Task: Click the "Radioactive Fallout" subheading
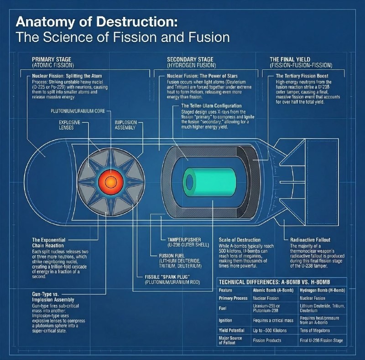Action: (x=310, y=240)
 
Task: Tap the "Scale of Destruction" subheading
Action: (x=240, y=240)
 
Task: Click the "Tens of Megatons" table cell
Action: (x=315, y=330)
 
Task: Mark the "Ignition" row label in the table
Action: (x=225, y=320)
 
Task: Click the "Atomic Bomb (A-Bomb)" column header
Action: (x=273, y=290)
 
